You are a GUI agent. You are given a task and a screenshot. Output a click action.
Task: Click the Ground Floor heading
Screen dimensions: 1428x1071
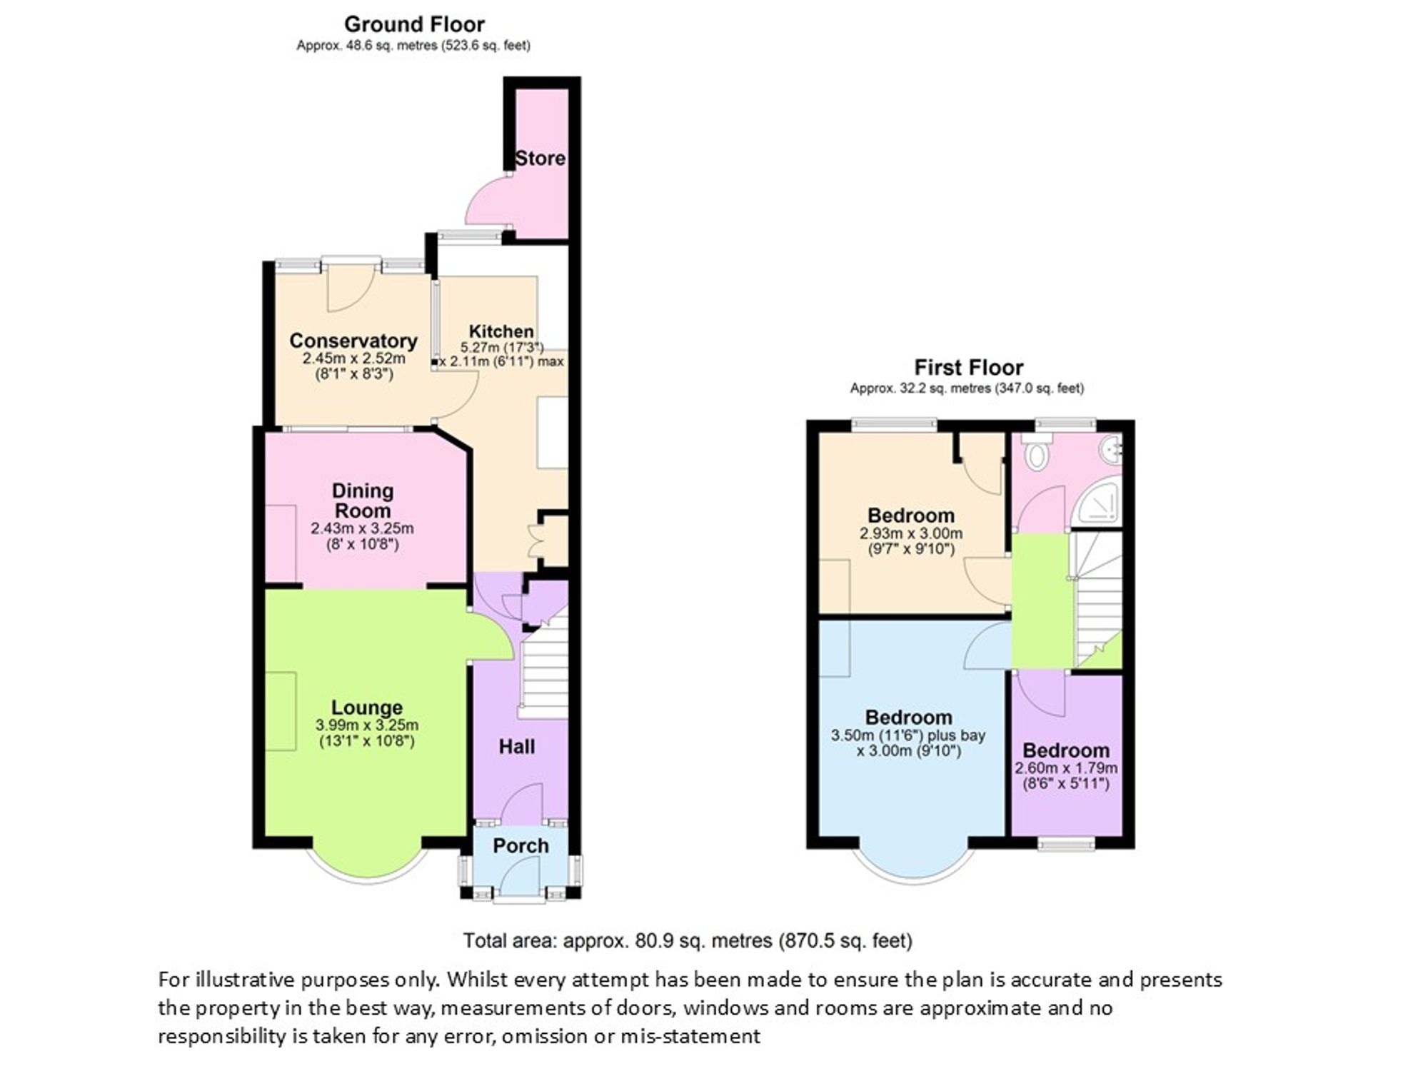coord(414,24)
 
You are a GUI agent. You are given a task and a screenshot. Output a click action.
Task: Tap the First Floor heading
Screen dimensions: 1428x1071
coord(969,368)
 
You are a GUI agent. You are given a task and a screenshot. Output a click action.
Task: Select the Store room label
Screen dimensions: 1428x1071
coord(540,159)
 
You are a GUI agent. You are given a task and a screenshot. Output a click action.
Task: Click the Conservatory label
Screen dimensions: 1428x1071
coord(353,341)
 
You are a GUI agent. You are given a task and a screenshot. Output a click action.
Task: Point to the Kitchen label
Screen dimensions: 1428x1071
coord(501,331)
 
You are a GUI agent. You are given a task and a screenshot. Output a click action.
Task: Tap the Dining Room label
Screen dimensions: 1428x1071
coord(363,501)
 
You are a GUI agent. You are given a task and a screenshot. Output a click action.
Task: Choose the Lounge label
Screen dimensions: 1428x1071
coord(367,708)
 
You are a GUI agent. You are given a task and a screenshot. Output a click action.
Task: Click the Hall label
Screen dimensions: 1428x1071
coord(517,747)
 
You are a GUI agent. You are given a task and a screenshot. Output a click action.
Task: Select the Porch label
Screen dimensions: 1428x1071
coord(521,846)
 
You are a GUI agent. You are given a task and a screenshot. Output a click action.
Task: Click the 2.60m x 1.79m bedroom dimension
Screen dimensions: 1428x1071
coord(1066,768)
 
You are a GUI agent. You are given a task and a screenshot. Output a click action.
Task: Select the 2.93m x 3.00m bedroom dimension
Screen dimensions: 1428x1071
coord(911,533)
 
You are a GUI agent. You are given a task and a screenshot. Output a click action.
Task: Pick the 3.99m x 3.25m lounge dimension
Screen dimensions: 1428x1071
coord(367,725)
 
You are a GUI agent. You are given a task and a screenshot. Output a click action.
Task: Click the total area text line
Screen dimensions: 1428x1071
coord(688,941)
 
